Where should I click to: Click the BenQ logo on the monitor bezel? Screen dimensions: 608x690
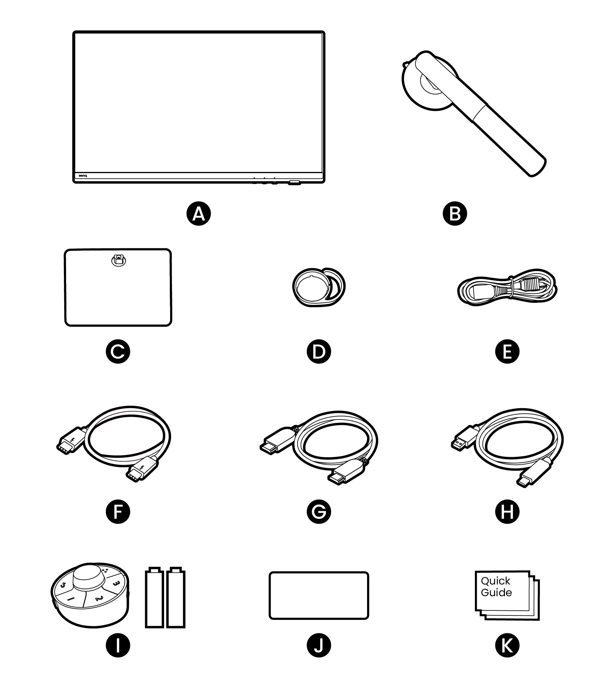[83, 176]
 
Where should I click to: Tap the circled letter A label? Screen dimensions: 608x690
[199, 214]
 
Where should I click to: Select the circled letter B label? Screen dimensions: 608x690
[455, 214]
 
